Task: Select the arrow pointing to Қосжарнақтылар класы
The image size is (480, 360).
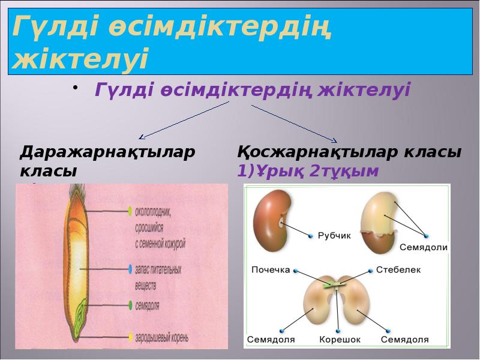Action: click(295, 124)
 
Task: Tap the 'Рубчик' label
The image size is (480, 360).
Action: click(335, 236)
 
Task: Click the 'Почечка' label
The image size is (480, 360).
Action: click(271, 270)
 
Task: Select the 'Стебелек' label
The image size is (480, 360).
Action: click(398, 270)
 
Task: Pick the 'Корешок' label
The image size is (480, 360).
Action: click(339, 340)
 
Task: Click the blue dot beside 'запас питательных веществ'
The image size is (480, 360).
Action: click(130, 266)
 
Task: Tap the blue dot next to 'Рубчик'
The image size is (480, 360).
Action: click(311, 236)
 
